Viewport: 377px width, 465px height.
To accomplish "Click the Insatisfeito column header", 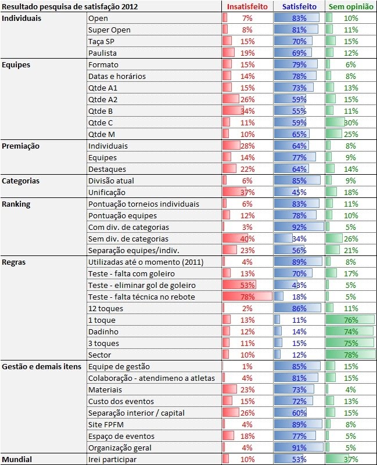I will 247,6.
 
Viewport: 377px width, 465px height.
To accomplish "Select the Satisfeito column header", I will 299,6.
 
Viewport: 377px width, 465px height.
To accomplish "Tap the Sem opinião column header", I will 350,6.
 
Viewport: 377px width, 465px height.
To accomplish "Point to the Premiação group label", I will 21,146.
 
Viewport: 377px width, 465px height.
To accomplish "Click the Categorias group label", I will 20,181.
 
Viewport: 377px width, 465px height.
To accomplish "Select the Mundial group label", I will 17,459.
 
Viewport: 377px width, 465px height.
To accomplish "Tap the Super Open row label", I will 109,30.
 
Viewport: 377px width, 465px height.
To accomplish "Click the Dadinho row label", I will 103,331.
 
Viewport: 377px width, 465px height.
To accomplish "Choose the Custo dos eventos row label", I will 121,401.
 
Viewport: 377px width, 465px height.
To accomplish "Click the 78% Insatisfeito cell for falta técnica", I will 247,297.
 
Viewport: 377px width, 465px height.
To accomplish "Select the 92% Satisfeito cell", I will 299,227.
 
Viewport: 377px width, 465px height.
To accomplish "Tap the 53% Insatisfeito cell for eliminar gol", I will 247,285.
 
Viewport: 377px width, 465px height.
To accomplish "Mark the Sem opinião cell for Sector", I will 350,355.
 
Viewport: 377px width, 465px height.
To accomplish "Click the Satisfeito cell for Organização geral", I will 299,448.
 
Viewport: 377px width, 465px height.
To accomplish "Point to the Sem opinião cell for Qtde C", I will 350,122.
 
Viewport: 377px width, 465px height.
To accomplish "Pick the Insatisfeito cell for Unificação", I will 247,192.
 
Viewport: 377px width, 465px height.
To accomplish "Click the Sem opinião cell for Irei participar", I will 350,459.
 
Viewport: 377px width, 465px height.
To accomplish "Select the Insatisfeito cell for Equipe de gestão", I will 247,366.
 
